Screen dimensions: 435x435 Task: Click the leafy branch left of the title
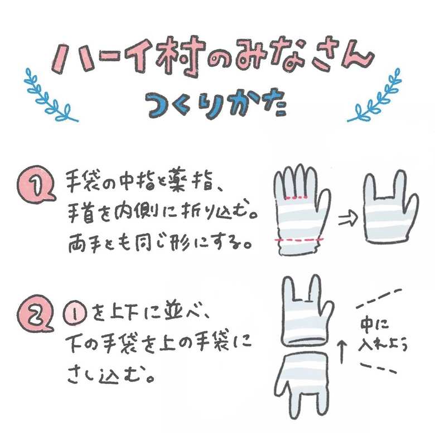[50, 96]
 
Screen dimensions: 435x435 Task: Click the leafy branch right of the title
[375, 96]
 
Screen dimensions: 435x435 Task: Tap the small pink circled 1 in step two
[75, 315]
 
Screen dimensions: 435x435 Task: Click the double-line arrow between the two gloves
[348, 219]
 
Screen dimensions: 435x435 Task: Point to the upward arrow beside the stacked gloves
[342, 352]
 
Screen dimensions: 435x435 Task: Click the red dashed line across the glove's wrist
[299, 239]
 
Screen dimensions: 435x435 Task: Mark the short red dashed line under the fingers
[297, 198]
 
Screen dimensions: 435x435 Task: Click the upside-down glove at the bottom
[303, 384]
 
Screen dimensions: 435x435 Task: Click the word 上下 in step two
[124, 315]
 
